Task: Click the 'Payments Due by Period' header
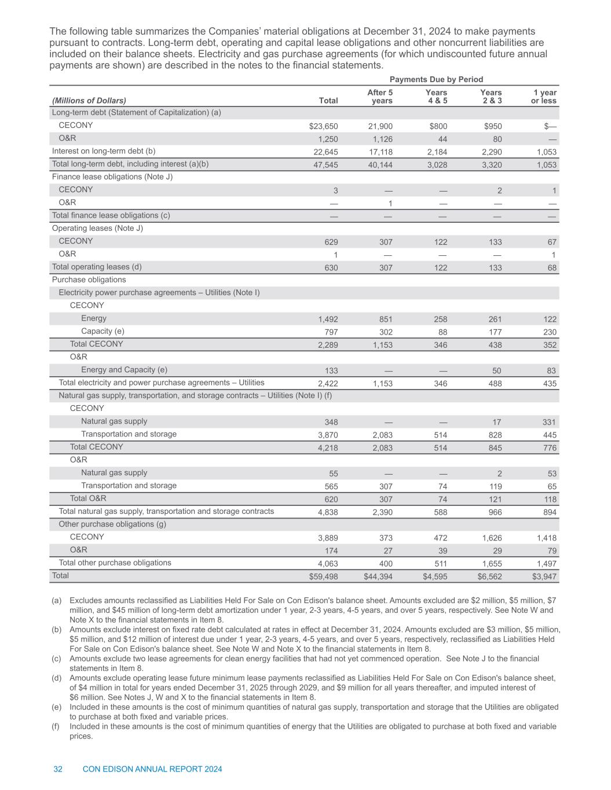pos(436,79)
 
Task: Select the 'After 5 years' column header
pos(380,97)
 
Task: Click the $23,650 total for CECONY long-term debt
pos(323,126)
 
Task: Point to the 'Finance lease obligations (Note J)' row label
pos(112,177)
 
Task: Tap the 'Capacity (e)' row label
pos(103,331)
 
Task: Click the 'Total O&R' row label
pos(88,498)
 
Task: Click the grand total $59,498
pos(323,576)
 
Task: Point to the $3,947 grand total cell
pos(544,576)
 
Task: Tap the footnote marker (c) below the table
pos(57,659)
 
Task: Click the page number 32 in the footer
pos(58,769)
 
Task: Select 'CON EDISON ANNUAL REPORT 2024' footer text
pos(152,769)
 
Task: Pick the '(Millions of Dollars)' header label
pos(89,101)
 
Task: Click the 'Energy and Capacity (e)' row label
pos(124,370)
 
